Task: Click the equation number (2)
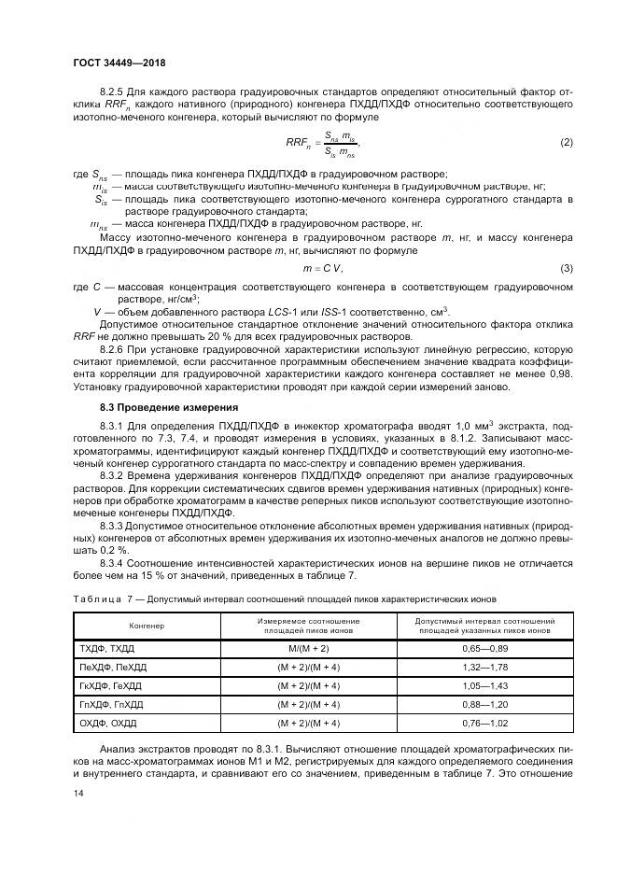pos(566,142)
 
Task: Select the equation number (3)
pos(566,269)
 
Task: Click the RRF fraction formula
pos(322,142)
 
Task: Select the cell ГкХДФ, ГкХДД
pos(111,684)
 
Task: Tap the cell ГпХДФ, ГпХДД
pos(111,703)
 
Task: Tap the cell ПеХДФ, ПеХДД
pos(112,666)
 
